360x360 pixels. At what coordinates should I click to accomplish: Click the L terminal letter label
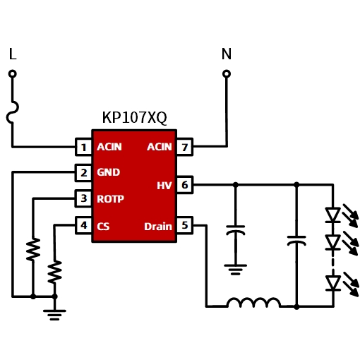tap(13, 54)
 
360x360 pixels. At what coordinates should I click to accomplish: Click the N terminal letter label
tap(227, 54)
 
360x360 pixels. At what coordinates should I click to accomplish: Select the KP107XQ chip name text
tap(134, 117)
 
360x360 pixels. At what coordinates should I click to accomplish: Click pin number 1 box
tap(83, 147)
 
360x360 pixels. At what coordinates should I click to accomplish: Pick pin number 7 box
tap(185, 147)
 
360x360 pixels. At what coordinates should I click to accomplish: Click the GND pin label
tap(109, 172)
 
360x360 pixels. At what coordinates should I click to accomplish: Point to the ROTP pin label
tap(110, 199)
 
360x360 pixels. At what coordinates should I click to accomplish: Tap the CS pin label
tap(103, 227)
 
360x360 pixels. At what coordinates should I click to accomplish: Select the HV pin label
tap(164, 186)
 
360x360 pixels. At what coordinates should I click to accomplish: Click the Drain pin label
tap(158, 227)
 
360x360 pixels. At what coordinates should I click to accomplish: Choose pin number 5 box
tap(185, 225)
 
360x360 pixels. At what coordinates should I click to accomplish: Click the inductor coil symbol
tap(253, 303)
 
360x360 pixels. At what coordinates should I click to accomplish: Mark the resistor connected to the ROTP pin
tap(33, 249)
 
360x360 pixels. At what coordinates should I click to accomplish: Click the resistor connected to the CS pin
tap(54, 272)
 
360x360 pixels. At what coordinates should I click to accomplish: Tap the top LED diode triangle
tap(332, 215)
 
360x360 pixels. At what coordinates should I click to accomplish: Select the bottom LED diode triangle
tap(332, 283)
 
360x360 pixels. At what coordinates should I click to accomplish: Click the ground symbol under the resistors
tap(54, 315)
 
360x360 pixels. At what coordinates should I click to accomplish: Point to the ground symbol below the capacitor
tap(235, 270)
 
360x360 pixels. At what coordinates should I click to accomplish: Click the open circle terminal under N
tap(227, 74)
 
